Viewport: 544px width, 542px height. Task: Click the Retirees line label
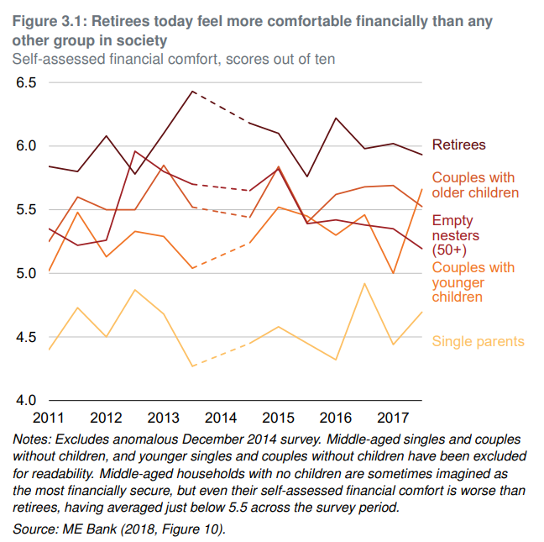click(458, 145)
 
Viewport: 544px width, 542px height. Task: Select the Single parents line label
click(478, 341)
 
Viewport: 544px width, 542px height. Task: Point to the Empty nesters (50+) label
click(453, 234)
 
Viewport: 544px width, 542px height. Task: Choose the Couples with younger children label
click(473, 282)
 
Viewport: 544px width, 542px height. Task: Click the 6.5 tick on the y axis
click(27, 82)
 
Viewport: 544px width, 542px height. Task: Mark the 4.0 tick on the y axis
click(27, 400)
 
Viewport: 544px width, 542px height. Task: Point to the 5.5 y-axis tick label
click(27, 209)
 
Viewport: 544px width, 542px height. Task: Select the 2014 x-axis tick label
click(221, 418)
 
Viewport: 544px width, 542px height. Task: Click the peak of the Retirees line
click(192, 91)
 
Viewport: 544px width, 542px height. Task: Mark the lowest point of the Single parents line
click(192, 366)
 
